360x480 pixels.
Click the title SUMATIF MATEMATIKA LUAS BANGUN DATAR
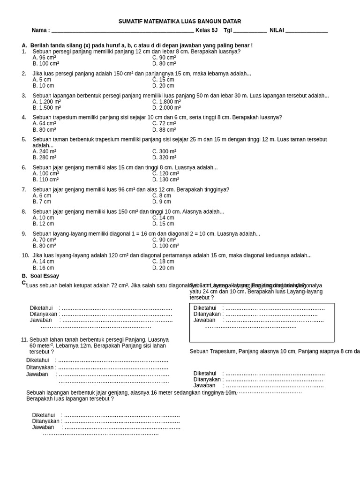click(180, 21)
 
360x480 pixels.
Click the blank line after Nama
click(122, 30)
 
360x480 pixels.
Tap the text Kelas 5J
click(206, 30)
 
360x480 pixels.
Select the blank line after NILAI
click(307, 30)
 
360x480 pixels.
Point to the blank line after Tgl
click(250, 30)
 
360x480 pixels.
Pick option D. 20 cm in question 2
click(163, 86)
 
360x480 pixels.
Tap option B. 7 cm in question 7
click(42, 202)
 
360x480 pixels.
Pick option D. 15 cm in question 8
click(163, 224)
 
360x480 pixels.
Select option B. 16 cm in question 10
click(43, 268)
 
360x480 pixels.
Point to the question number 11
click(24, 340)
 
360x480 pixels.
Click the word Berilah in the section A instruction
click(40, 45)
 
